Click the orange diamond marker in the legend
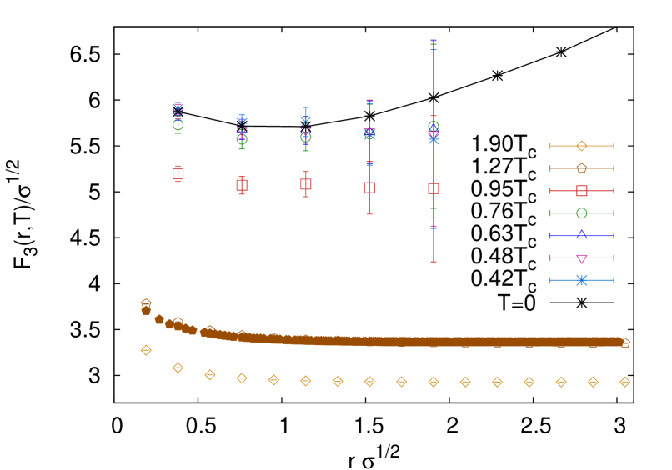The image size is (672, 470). tap(581, 146)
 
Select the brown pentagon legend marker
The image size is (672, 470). tap(581, 168)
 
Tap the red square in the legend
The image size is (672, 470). tap(581, 191)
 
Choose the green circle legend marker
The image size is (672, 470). tap(581, 213)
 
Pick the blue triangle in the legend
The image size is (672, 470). tap(581, 235)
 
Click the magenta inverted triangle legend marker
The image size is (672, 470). tap(581, 257)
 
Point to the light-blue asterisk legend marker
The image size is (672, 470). tap(581, 280)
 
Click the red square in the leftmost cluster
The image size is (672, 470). tap(178, 173)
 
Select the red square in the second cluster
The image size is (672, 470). tap(242, 185)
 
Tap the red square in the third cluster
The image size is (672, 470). tap(306, 184)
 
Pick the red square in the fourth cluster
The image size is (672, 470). tap(369, 187)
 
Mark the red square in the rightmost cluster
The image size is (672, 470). tap(434, 188)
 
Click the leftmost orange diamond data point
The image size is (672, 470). tap(147, 350)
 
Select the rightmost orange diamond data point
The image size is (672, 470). tap(624, 382)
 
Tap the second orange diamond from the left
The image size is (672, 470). tap(178, 367)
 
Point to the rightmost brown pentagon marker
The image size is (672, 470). tap(624, 342)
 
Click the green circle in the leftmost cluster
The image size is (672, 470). tap(178, 125)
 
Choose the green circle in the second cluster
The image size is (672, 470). tap(242, 140)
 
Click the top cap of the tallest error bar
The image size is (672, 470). tap(434, 41)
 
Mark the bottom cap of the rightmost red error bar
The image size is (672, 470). tap(434, 262)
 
